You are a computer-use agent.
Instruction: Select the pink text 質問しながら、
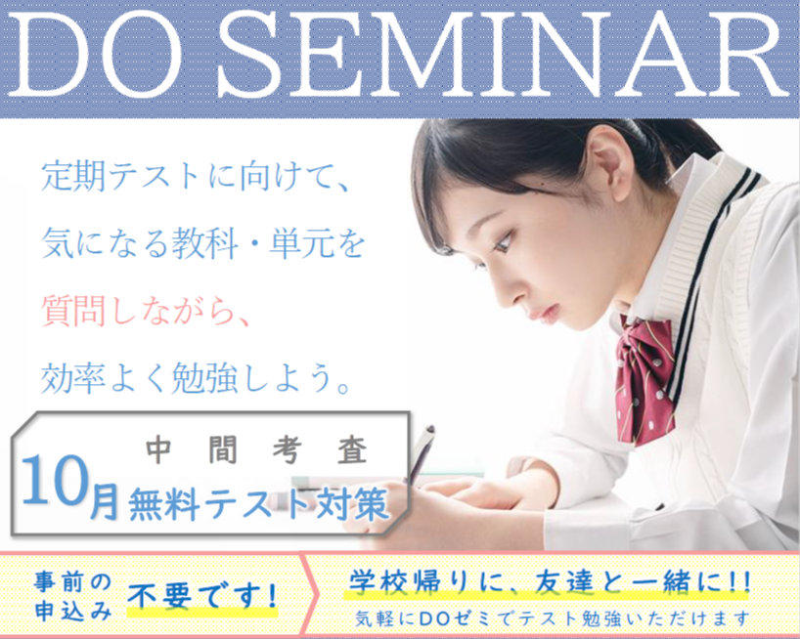[x=145, y=311]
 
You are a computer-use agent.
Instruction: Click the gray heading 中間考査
[x=256, y=450]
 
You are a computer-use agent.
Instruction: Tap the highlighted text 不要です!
[x=202, y=596]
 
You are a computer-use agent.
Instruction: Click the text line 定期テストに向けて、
[x=196, y=177]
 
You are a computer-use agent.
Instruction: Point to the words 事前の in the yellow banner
[x=73, y=581]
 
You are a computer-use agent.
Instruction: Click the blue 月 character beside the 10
[x=105, y=500]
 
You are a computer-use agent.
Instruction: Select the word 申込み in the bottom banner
[x=73, y=611]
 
